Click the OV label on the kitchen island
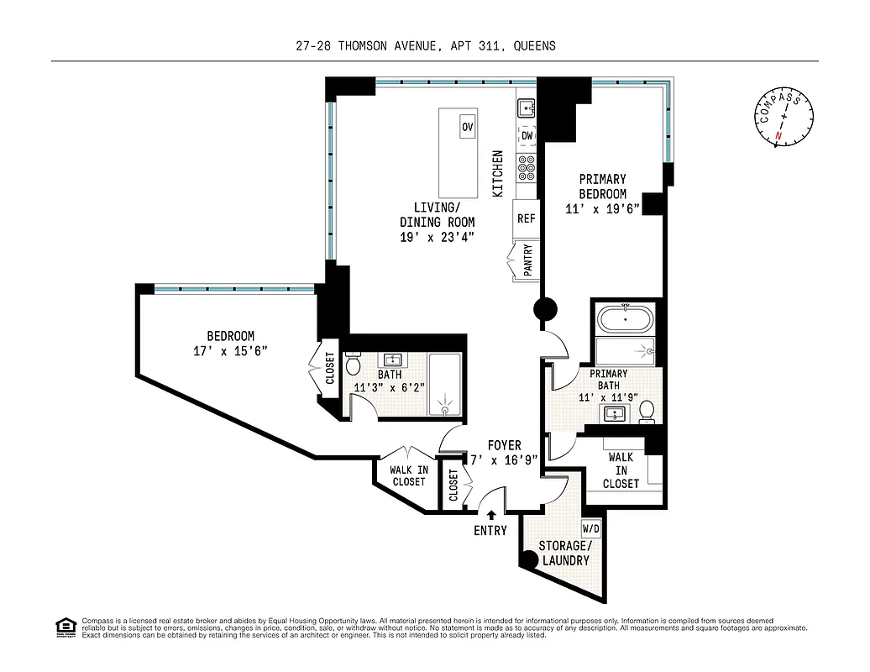[x=467, y=127]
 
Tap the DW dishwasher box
[x=527, y=135]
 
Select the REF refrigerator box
[x=526, y=218]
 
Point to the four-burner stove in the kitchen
[x=527, y=169]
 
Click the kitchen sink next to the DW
[x=526, y=108]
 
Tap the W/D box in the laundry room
[x=591, y=529]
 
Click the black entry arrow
[x=490, y=515]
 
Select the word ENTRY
[x=490, y=530]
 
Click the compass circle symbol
[x=784, y=118]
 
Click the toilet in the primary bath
[x=646, y=412]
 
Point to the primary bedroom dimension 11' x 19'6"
[x=602, y=209]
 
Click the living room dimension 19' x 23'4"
[x=437, y=237]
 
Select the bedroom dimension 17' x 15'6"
[x=230, y=351]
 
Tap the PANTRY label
[x=528, y=260]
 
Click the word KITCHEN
[x=498, y=174]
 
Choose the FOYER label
[x=504, y=445]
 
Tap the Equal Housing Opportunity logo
[x=65, y=627]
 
